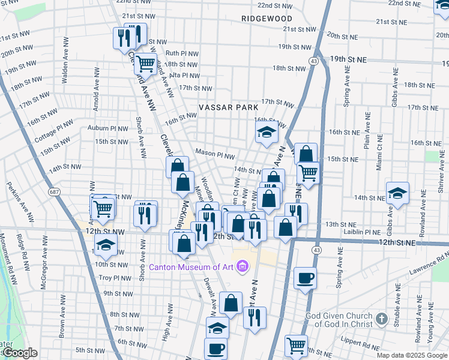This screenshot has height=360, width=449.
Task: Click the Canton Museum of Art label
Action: point(191,266)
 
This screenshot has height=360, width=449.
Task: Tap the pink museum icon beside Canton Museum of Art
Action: point(242,266)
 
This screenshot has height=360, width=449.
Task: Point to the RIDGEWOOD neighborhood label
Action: point(267,19)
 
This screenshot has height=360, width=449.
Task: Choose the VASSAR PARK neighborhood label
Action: point(229,107)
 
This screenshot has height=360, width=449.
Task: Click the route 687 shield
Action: point(55,192)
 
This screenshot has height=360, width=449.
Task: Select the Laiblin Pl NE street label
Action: point(361,232)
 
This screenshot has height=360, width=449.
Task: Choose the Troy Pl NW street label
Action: point(113,278)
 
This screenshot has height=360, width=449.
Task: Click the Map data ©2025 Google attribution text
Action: point(412,355)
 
